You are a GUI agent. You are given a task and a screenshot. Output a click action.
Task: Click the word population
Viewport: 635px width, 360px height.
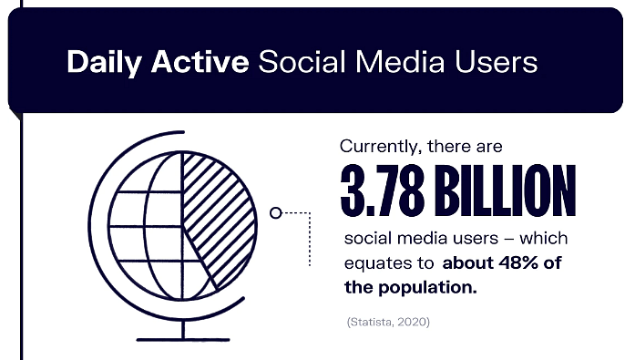(x=437, y=287)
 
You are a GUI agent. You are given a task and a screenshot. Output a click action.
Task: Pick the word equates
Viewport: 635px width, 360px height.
(x=374, y=263)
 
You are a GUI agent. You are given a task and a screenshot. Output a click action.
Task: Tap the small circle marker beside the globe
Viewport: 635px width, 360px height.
(x=275, y=213)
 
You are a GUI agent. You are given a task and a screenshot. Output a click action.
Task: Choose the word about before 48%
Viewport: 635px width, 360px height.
(x=466, y=263)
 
